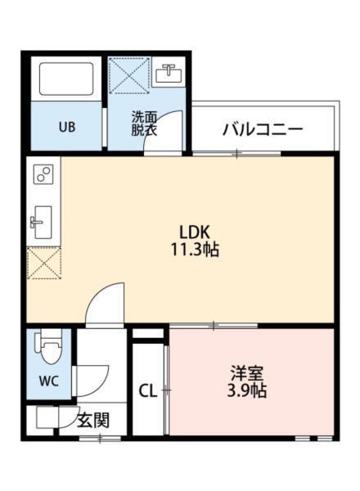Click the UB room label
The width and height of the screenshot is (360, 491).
(x=66, y=127)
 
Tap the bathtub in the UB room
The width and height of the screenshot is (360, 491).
(x=66, y=80)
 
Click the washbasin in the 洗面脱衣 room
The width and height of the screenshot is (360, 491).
(x=170, y=74)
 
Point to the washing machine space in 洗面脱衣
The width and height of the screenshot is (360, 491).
(x=129, y=76)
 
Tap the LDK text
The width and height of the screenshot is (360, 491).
(x=196, y=232)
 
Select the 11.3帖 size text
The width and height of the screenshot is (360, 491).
(x=196, y=250)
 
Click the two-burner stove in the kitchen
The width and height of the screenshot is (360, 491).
(x=43, y=174)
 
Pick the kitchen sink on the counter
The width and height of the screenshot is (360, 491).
(x=41, y=221)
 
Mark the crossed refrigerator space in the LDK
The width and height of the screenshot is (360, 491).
(x=43, y=264)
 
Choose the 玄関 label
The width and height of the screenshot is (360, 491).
(x=93, y=421)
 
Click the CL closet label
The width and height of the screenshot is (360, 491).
(x=148, y=390)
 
